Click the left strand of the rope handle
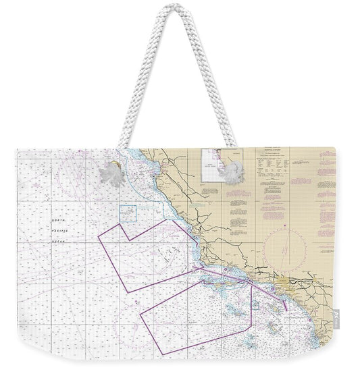click(136, 88)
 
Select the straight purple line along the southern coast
click(230, 275)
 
